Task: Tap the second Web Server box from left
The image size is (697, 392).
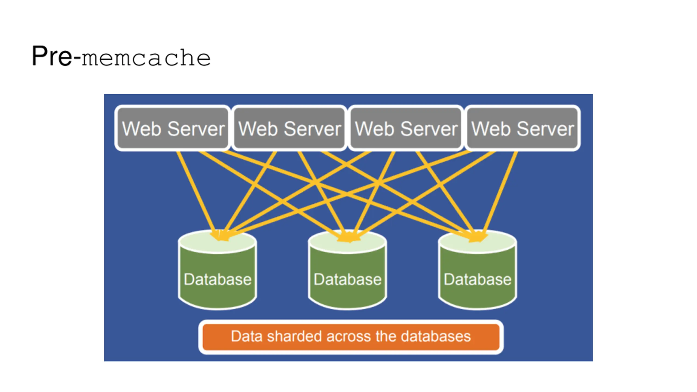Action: click(x=289, y=128)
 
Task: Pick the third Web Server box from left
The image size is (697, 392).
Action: click(x=406, y=128)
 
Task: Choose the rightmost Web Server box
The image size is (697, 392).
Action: click(x=522, y=128)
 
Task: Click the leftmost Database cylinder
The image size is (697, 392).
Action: click(x=217, y=270)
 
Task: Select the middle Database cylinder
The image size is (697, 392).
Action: click(x=347, y=270)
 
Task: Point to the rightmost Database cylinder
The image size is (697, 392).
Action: click(x=478, y=270)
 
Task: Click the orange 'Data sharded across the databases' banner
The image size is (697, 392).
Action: click(x=351, y=337)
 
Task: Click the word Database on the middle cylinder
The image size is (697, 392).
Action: click(x=347, y=280)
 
